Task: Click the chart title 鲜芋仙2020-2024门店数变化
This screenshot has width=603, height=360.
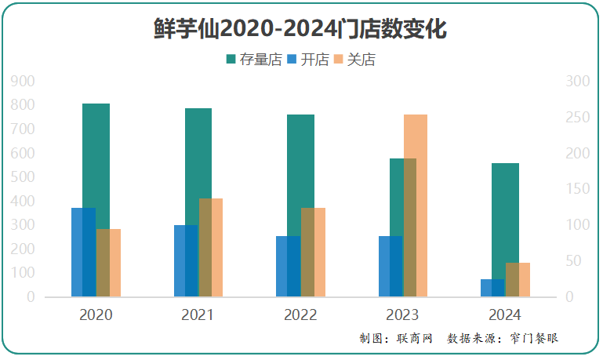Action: pos(300,29)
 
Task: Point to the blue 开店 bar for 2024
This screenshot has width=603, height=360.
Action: pos(492,288)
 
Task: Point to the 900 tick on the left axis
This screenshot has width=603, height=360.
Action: pos(24,81)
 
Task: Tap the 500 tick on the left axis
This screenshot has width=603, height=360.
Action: pos(24,177)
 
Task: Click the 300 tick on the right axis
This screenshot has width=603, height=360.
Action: pos(576,81)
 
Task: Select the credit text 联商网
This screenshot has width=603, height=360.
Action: pos(415,339)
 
